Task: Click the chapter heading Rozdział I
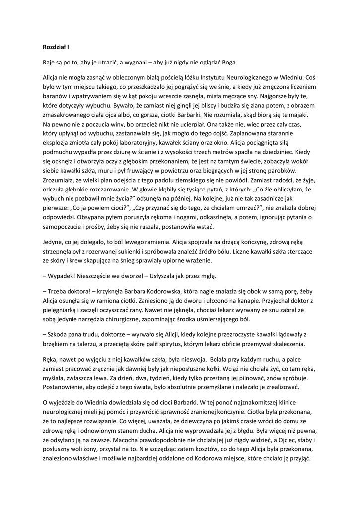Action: (x=55, y=47)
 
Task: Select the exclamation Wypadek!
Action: (x=62, y=275)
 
